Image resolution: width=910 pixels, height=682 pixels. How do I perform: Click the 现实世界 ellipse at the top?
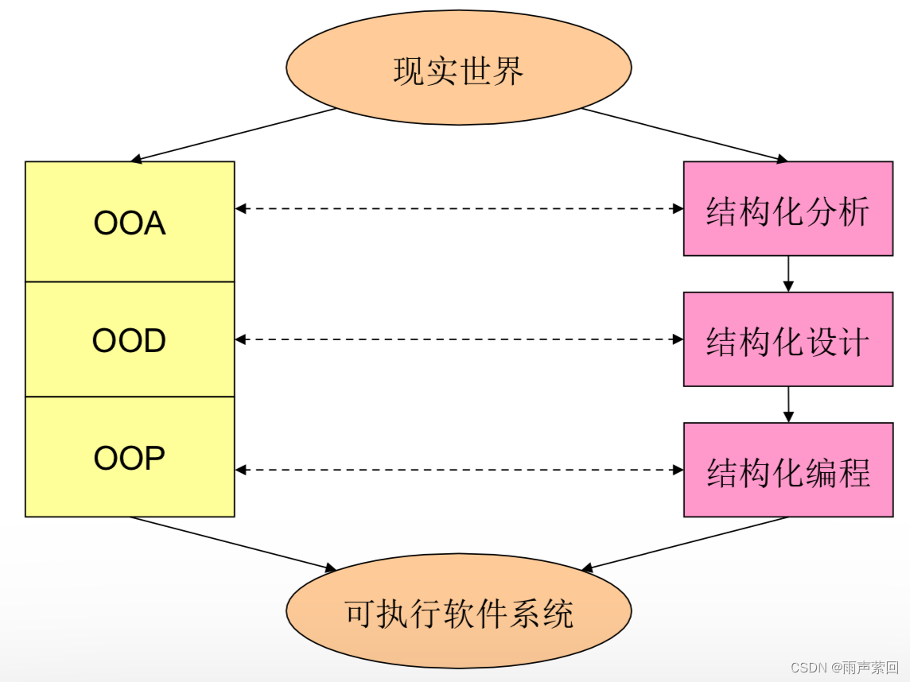[x=458, y=68]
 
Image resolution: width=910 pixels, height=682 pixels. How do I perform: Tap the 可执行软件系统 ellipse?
[x=458, y=610]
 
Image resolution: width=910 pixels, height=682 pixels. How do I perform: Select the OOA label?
[x=130, y=223]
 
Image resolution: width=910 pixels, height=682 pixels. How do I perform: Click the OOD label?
[x=129, y=340]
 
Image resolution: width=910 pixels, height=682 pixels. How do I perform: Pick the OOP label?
[x=129, y=458]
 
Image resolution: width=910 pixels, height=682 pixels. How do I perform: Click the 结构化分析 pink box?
[x=788, y=209]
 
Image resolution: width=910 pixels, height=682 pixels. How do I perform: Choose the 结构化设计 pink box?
[x=788, y=339]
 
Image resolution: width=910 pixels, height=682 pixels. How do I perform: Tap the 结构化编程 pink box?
[x=788, y=470]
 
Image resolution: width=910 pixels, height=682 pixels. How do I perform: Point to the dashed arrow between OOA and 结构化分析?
[x=459, y=209]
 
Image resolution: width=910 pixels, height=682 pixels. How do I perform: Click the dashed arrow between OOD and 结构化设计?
[x=459, y=339]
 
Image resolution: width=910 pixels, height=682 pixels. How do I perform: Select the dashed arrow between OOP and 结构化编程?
[x=459, y=470]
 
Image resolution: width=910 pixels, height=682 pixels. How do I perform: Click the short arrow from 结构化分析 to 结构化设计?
[x=788, y=273]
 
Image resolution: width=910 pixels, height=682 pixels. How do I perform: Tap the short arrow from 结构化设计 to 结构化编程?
[x=788, y=405]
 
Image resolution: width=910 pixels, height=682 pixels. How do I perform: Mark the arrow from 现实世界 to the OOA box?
[x=233, y=134]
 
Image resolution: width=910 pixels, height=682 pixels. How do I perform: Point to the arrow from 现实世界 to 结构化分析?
[x=685, y=134]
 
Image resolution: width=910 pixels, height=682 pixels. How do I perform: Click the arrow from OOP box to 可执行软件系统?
[x=233, y=544]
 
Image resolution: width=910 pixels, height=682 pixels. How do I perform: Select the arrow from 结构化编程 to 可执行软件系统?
[x=685, y=544]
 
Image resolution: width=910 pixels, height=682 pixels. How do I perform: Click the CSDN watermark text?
[x=845, y=668]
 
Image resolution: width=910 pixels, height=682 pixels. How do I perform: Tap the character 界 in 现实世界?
[x=507, y=72]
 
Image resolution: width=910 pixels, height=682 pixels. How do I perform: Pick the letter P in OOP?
[x=154, y=458]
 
